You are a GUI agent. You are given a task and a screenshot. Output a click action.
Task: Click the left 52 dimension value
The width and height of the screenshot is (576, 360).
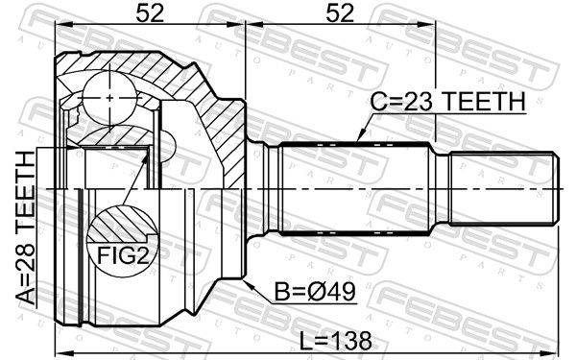(x=150, y=13)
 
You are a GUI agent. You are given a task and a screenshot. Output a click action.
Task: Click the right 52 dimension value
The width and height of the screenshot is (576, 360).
(x=340, y=13)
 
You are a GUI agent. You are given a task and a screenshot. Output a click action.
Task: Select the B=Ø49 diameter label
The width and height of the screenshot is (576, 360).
(x=316, y=292)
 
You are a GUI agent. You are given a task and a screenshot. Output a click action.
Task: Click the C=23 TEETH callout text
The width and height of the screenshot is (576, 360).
(x=447, y=102)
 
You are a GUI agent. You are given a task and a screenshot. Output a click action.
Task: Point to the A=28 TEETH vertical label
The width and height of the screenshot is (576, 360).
(x=27, y=228)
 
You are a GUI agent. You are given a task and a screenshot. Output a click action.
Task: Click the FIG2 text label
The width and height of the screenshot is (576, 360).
(x=123, y=255)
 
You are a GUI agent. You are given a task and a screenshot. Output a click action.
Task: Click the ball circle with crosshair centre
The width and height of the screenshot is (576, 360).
(x=109, y=98)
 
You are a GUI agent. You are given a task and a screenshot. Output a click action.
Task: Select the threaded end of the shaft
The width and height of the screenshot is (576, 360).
(x=504, y=188)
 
